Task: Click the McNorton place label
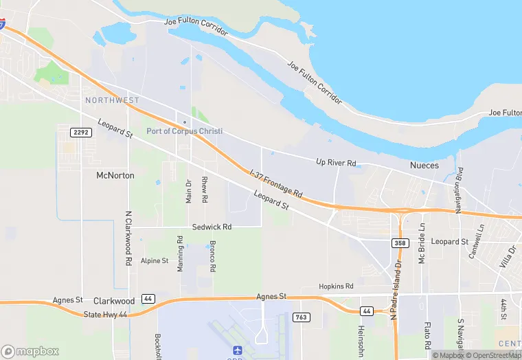pyautogui.click(x=115, y=175)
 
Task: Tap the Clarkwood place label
pyautogui.click(x=114, y=301)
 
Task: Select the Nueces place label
pyautogui.click(x=424, y=166)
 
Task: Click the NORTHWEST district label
pyautogui.click(x=112, y=100)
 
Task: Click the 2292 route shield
pyautogui.click(x=81, y=131)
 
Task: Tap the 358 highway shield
pyautogui.click(x=400, y=243)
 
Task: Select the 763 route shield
pyautogui.click(x=301, y=317)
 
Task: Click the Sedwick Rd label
pyautogui.click(x=212, y=227)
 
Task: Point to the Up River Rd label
pyautogui.click(x=336, y=163)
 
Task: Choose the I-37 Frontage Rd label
pyautogui.click(x=276, y=184)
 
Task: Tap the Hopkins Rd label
pyautogui.click(x=336, y=286)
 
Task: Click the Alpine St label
pyautogui.click(x=155, y=261)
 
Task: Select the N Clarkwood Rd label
pyautogui.click(x=128, y=238)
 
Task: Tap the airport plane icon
pyautogui.click(x=238, y=350)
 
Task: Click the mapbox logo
pyautogui.click(x=31, y=351)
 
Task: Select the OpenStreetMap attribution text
pyautogui.click(x=493, y=355)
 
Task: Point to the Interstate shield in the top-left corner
pyautogui.click(x=2, y=25)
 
